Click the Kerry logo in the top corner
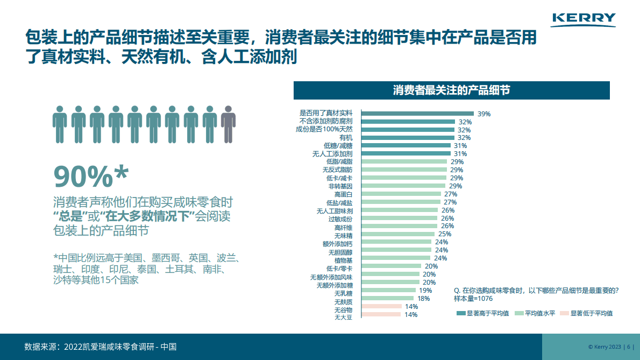pyautogui.click(x=584, y=19)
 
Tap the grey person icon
pyautogui.click(x=229, y=124)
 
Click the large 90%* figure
pyautogui.click(x=91, y=175)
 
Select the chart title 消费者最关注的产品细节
pyautogui.click(x=451, y=90)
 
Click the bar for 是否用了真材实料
pyautogui.click(x=417, y=114)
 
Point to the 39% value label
pyautogui.click(x=484, y=114)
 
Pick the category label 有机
pyautogui.click(x=346, y=138)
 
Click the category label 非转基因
pyautogui.click(x=340, y=186)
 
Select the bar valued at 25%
pyautogui.click(x=398, y=234)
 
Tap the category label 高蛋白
pyautogui.click(x=343, y=194)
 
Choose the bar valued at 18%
pyautogui.click(x=388, y=298)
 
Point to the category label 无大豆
pyautogui.click(x=343, y=317)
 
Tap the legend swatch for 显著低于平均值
pyautogui.click(x=564, y=313)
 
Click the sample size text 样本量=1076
pyautogui.click(x=473, y=298)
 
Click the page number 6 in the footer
pyautogui.click(x=629, y=347)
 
